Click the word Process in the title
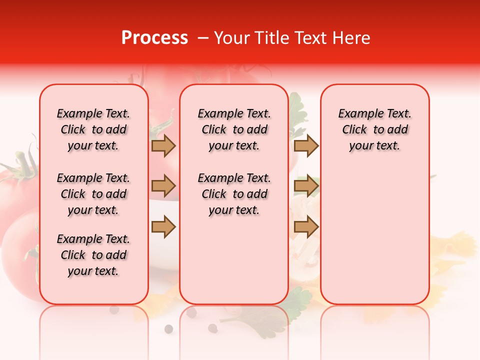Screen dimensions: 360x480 (x=154, y=38)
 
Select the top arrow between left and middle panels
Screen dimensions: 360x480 (x=163, y=146)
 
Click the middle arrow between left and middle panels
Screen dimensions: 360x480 (x=163, y=186)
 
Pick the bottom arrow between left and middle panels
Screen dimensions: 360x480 (x=163, y=227)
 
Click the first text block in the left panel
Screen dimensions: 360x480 (x=93, y=129)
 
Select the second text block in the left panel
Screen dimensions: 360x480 (x=93, y=194)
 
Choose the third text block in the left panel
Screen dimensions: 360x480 (x=93, y=255)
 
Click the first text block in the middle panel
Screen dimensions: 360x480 (x=234, y=129)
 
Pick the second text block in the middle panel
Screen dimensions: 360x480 (x=234, y=194)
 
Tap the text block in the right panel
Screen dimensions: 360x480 (x=374, y=129)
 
